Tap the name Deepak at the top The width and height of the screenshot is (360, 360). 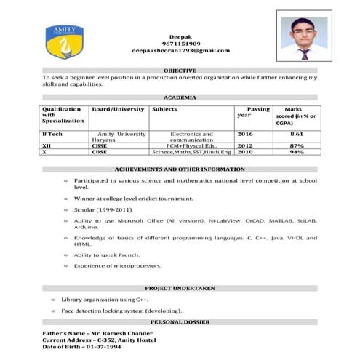tap(180, 35)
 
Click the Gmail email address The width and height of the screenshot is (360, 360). tap(180, 51)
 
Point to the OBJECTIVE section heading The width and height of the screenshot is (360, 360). tap(180, 70)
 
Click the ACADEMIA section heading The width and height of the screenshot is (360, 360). tap(180, 97)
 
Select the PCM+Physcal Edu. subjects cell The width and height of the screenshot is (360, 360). tap(191, 145)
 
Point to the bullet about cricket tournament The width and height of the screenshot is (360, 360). tap(133, 198)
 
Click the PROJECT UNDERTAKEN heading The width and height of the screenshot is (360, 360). tap(180, 289)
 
